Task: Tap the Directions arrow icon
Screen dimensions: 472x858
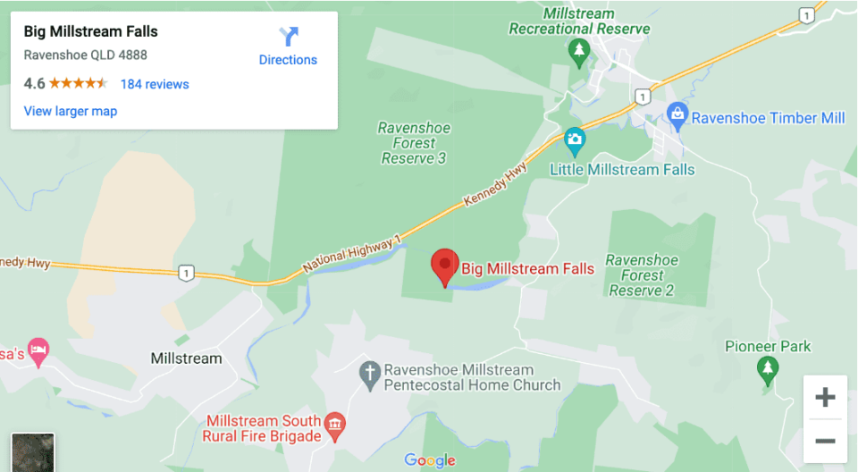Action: tap(288, 37)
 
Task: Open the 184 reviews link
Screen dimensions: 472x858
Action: tap(155, 84)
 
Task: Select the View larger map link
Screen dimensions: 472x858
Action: tap(71, 111)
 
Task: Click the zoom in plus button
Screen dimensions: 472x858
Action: tap(825, 398)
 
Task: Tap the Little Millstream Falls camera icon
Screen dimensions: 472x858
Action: tap(574, 139)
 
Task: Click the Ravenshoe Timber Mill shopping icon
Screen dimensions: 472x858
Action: tap(677, 116)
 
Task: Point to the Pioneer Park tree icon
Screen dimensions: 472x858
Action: tap(767, 367)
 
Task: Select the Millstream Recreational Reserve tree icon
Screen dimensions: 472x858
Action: tap(579, 51)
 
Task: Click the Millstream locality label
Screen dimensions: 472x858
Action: tap(186, 358)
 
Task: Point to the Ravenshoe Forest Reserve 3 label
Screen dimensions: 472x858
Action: tap(414, 143)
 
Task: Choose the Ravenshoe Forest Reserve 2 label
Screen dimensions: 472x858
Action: tap(642, 275)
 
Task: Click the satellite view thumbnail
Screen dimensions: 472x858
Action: tap(33, 453)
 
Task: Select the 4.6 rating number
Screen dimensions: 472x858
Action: tap(34, 84)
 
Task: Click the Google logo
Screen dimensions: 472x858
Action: tap(430, 460)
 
